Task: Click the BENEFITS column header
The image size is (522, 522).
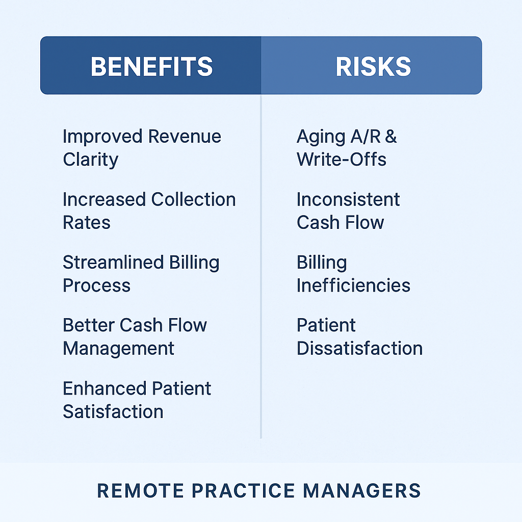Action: [x=151, y=67]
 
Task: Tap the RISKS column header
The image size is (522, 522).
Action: [x=373, y=67]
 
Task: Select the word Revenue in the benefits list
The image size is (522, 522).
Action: [x=185, y=137]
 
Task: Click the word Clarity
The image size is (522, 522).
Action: [x=91, y=160]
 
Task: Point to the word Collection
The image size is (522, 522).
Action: [x=193, y=199]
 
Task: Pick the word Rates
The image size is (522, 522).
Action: [x=87, y=222]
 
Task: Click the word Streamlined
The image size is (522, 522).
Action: [x=113, y=263]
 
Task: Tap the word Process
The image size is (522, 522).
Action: [x=96, y=285]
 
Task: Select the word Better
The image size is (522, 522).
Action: [x=89, y=325]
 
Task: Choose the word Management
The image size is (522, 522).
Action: [x=118, y=349]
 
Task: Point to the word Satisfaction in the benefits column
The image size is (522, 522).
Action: [x=113, y=411]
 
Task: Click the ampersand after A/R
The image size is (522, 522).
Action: [x=391, y=137]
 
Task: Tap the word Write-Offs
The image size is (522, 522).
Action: [x=342, y=159]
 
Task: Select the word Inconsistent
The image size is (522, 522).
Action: [x=348, y=199]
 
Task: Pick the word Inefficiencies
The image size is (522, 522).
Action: [x=354, y=285]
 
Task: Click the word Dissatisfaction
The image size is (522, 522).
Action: [x=359, y=349]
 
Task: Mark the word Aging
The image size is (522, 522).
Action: [x=321, y=137]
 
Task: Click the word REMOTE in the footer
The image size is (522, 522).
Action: [x=141, y=491]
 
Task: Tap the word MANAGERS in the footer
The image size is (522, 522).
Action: [x=362, y=491]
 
